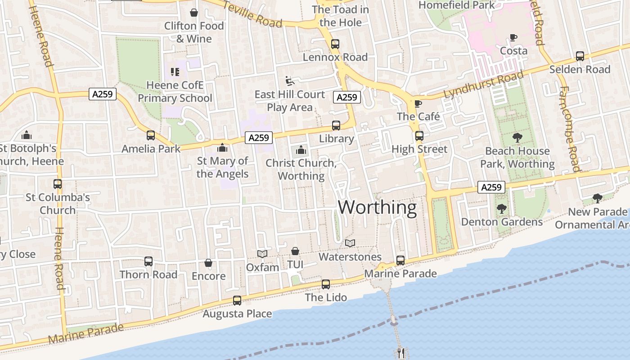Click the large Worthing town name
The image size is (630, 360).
pyautogui.click(x=377, y=207)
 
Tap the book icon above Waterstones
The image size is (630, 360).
pyautogui.click(x=350, y=243)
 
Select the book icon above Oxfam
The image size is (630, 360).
pyautogui.click(x=262, y=254)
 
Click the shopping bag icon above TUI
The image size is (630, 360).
pyautogui.click(x=295, y=251)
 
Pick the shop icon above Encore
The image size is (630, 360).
pyautogui.click(x=208, y=263)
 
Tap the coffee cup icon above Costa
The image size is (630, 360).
pyautogui.click(x=513, y=37)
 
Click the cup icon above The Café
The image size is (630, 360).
pyautogui.click(x=418, y=104)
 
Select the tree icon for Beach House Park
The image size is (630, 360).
pyautogui.click(x=517, y=137)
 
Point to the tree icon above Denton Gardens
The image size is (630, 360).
pyautogui.click(x=501, y=208)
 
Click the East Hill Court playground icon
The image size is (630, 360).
pyautogui.click(x=290, y=81)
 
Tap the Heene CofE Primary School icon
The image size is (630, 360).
pyautogui.click(x=175, y=72)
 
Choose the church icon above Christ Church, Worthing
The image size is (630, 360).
pyautogui.click(x=301, y=150)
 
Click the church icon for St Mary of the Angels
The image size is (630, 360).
pyautogui.click(x=222, y=148)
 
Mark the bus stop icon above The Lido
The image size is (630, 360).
pyautogui.click(x=326, y=284)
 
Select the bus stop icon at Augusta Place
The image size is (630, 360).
pyautogui.click(x=237, y=301)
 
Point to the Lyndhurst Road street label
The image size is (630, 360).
pyautogui.click(x=484, y=85)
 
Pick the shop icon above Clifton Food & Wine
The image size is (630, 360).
pyautogui.click(x=194, y=13)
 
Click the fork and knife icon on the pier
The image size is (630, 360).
pyautogui.click(x=399, y=353)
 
